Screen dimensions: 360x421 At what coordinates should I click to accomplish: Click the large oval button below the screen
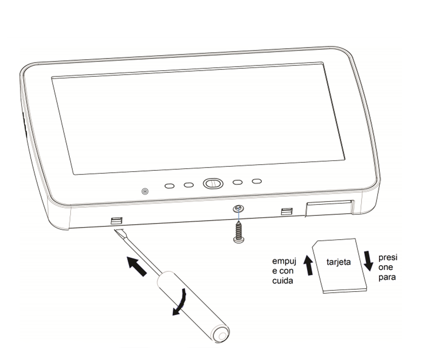pos(213,184)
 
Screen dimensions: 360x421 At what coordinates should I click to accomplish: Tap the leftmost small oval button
pos(169,186)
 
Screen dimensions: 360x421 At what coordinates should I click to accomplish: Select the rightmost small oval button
pos(257,181)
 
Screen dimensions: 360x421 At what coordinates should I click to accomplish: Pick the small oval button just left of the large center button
pos(189,185)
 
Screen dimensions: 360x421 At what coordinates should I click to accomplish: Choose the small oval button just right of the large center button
pos(237,182)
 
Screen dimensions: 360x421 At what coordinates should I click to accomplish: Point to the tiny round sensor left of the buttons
pos(145,191)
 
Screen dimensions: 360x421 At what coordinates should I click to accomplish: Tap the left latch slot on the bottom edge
pos(117,220)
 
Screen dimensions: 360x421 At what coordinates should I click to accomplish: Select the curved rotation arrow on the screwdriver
pos(181,303)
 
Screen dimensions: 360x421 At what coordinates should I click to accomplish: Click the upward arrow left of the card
pos(309,266)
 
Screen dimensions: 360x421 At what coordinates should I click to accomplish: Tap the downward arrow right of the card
pos(369,260)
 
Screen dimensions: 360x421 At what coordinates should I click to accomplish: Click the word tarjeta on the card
pos(339,262)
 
